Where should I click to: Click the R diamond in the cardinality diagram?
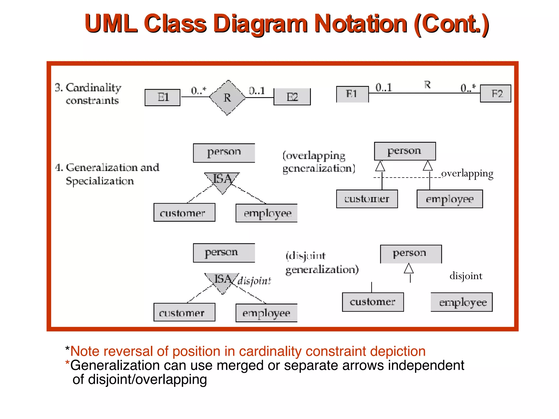tap(227, 98)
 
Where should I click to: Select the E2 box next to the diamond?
tap(292, 97)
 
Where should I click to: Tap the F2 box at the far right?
tap(495, 94)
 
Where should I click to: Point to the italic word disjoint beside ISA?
tap(254, 281)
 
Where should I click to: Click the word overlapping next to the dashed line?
tap(467, 173)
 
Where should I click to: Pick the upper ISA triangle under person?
tap(222, 181)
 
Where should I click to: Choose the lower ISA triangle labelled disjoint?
tap(222, 281)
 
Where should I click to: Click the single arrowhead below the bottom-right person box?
tap(409, 268)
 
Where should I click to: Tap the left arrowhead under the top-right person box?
tap(380, 166)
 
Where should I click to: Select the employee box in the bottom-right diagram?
tap(462, 302)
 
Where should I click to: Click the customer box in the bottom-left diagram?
tap(184, 312)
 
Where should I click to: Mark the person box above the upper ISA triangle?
tap(224, 153)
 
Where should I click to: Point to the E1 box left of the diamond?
tap(162, 97)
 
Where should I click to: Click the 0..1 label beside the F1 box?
tap(383, 87)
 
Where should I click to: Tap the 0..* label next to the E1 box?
tap(198, 90)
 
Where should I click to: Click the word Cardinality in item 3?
tap(93, 88)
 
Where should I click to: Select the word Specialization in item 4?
tap(100, 181)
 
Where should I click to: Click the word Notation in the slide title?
tap(361, 24)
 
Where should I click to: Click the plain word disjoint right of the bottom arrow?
tap(466, 276)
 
